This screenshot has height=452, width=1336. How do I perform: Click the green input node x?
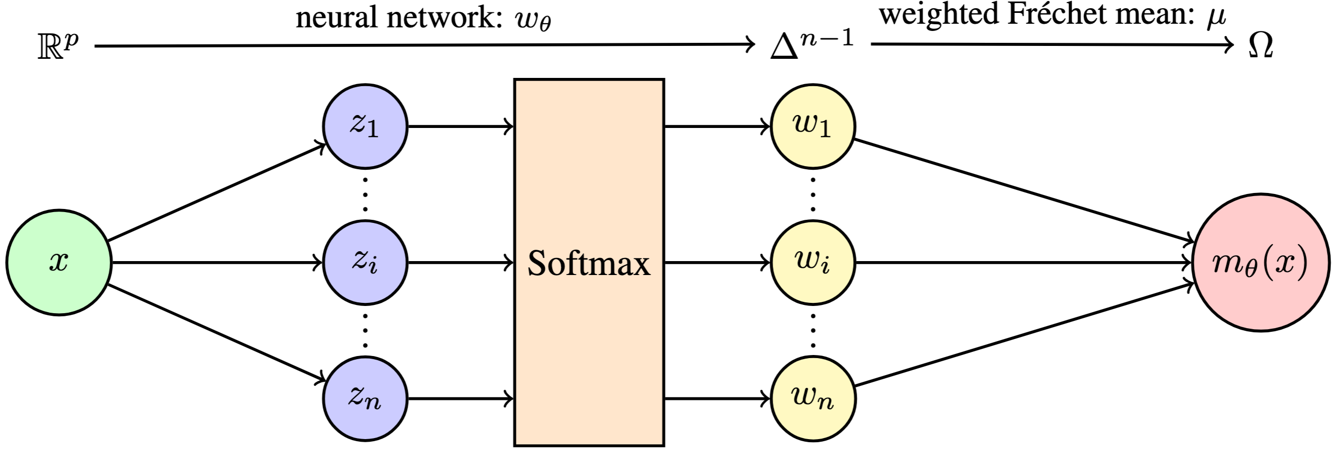click(59, 263)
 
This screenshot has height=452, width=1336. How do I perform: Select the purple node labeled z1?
click(365, 126)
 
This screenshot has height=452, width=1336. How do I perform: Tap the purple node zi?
click(365, 263)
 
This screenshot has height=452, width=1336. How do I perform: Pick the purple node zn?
click(365, 398)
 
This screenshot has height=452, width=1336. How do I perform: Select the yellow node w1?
click(813, 126)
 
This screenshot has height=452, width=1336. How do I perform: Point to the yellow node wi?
click(813, 263)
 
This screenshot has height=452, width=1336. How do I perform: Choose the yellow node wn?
click(813, 398)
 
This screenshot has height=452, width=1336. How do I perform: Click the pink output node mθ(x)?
click(1260, 263)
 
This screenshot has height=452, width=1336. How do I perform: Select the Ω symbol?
click(1260, 46)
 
